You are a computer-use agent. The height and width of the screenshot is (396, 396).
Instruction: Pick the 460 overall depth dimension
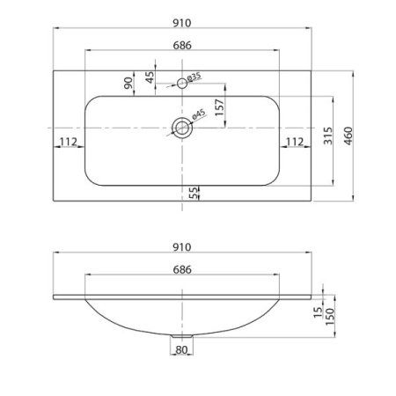(x=349, y=134)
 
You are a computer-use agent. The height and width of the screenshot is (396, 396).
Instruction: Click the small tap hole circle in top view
(x=182, y=83)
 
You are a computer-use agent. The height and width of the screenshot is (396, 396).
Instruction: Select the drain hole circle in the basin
(x=182, y=128)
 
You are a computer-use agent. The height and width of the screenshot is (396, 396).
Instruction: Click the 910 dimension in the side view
(x=184, y=248)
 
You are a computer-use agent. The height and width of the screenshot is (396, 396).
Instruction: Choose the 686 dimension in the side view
(x=184, y=272)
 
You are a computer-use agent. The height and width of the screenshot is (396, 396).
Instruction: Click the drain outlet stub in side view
(x=182, y=335)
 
